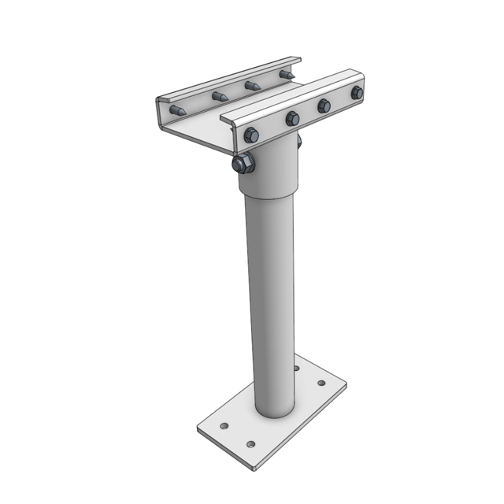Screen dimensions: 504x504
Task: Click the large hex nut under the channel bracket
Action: click(x=243, y=164)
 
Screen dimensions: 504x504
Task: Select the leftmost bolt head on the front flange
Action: click(x=250, y=135)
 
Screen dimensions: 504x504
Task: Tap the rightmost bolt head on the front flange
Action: click(x=357, y=93)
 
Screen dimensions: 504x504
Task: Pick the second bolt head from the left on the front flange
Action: click(x=292, y=118)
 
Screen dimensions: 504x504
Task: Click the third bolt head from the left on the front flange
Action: click(x=324, y=105)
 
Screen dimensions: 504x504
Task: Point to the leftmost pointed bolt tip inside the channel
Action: click(x=178, y=111)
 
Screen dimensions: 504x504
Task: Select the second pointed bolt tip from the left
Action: click(x=219, y=97)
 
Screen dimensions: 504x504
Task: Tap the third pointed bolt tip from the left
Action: click(x=252, y=85)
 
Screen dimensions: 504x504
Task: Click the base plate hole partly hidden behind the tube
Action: click(x=296, y=368)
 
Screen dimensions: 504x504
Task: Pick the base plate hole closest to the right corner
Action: click(x=321, y=384)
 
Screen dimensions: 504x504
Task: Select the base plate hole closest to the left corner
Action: click(x=224, y=426)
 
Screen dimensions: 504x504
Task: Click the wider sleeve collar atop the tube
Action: click(x=269, y=173)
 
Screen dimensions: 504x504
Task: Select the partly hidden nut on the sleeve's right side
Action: click(x=299, y=143)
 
